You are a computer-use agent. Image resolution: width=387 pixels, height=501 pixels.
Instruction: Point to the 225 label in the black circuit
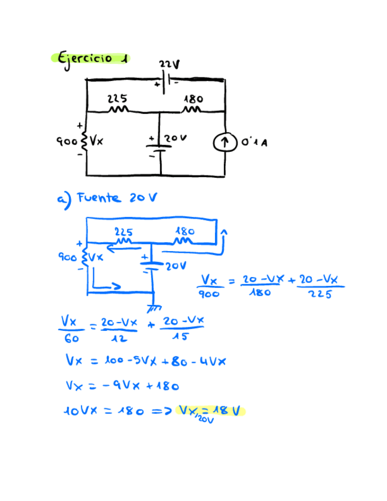[x=116, y=99]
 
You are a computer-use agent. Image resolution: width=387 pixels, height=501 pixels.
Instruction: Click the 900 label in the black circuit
[x=66, y=142]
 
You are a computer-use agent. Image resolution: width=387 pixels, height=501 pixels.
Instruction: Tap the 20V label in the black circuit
[x=175, y=138]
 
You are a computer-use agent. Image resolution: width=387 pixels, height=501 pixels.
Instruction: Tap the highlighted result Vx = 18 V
[x=210, y=412]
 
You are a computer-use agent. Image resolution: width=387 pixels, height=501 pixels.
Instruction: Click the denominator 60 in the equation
[x=70, y=339]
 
